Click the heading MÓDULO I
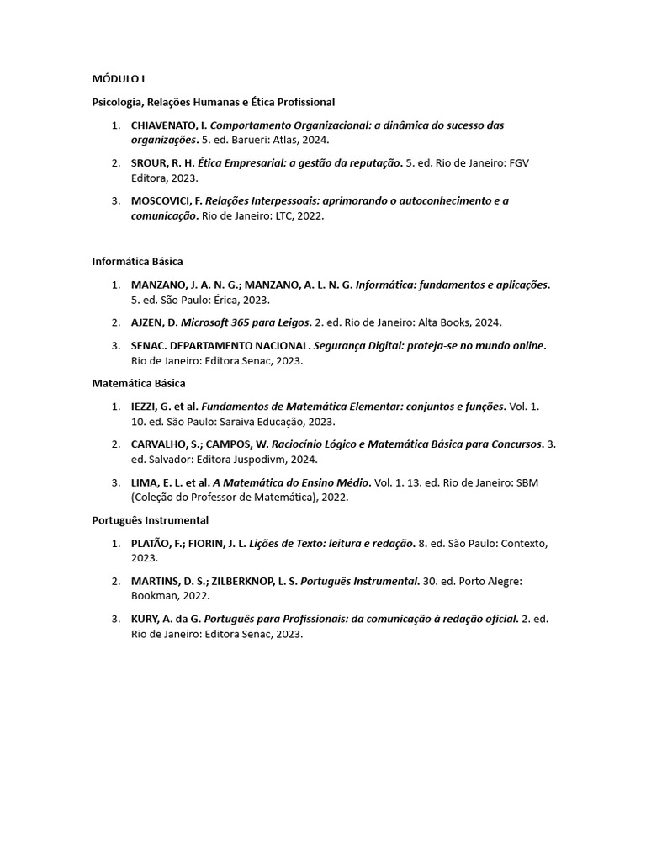(119, 78)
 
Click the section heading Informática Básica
(137, 262)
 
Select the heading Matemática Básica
(139, 383)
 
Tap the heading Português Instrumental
(150, 520)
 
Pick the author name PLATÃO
(151, 544)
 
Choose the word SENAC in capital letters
(147, 345)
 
